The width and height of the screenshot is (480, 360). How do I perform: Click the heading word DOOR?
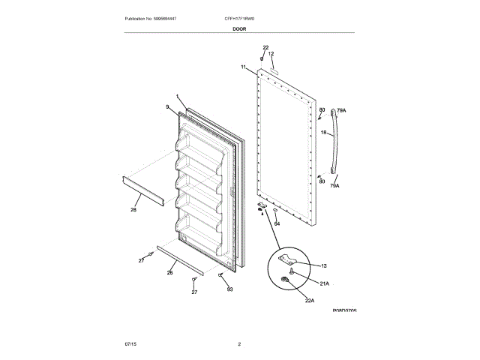239,28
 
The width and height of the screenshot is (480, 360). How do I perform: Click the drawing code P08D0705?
344,309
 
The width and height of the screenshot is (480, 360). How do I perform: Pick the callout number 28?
133,210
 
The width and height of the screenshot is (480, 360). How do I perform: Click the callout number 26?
169,272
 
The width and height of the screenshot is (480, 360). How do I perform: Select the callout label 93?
229,289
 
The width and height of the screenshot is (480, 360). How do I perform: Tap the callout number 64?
277,223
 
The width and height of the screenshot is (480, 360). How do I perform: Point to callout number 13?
324,265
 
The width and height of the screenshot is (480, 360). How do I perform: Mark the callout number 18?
323,133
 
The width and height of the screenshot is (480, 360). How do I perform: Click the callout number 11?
244,67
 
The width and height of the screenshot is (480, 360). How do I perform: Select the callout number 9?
167,107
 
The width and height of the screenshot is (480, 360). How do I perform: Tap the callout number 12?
271,54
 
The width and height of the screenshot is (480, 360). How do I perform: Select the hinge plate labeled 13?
287,262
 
